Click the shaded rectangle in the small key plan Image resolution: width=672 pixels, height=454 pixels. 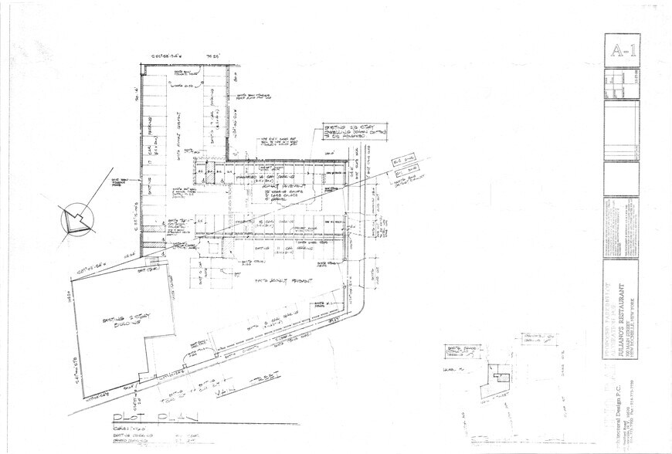coord(501,378)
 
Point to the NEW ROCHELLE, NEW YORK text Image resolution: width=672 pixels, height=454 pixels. coord(631,309)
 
